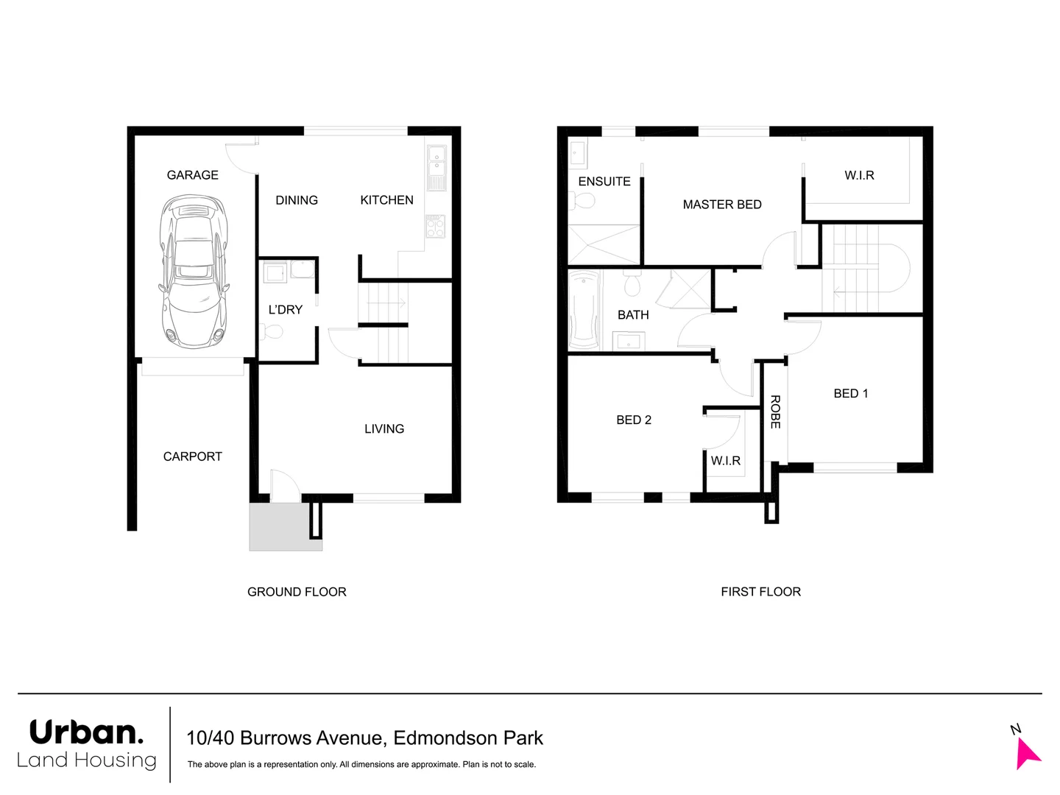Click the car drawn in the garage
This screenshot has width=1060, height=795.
pyautogui.click(x=194, y=272)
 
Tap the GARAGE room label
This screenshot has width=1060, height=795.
pyautogui.click(x=192, y=175)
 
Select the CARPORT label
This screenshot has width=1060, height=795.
pyautogui.click(x=192, y=456)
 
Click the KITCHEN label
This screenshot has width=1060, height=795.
pyautogui.click(x=386, y=200)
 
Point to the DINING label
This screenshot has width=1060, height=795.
pyautogui.click(x=297, y=200)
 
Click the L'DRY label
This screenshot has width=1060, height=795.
pyautogui.click(x=285, y=310)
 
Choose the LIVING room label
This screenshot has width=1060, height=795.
pyautogui.click(x=384, y=429)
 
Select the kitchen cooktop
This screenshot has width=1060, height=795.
pyautogui.click(x=435, y=226)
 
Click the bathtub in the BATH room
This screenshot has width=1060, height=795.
pyautogui.click(x=584, y=309)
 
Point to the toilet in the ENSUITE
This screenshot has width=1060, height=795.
pyautogui.click(x=584, y=200)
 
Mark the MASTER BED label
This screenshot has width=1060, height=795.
pyautogui.click(x=722, y=205)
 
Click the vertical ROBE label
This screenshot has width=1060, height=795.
pyautogui.click(x=775, y=412)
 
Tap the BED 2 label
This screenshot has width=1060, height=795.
pyautogui.click(x=634, y=420)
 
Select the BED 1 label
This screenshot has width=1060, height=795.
pyautogui.click(x=850, y=394)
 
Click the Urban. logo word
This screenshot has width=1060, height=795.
pyautogui.click(x=86, y=732)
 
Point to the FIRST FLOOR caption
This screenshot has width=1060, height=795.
pyautogui.click(x=760, y=592)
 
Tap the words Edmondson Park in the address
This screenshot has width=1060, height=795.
pyautogui.click(x=468, y=738)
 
